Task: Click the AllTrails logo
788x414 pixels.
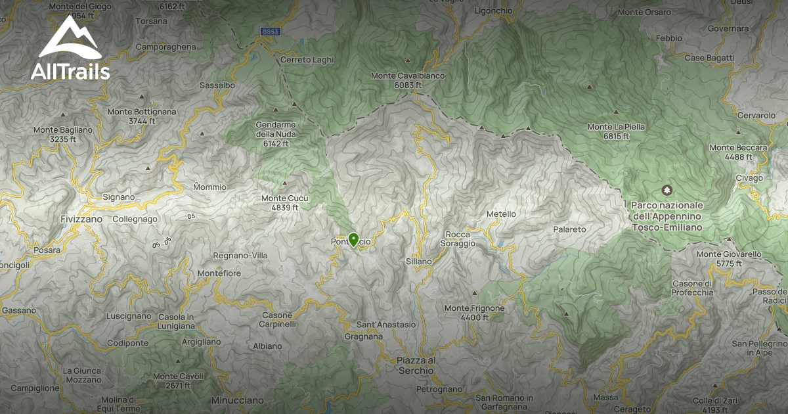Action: (70, 49)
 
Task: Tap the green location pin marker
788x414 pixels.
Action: (353, 240)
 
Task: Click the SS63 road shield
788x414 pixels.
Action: (270, 31)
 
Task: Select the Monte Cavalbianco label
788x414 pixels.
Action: (408, 80)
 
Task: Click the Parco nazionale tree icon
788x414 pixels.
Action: (667, 190)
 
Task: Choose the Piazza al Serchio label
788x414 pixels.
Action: (416, 365)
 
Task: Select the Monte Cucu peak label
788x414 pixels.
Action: (284, 202)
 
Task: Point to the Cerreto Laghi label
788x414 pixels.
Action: (307, 60)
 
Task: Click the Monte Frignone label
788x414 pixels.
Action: (474, 312)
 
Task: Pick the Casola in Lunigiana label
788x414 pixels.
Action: (176, 321)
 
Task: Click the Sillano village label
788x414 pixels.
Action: (419, 262)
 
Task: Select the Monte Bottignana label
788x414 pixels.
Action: (142, 116)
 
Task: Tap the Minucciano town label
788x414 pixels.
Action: (237, 400)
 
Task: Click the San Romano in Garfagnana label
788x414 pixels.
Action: (504, 402)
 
